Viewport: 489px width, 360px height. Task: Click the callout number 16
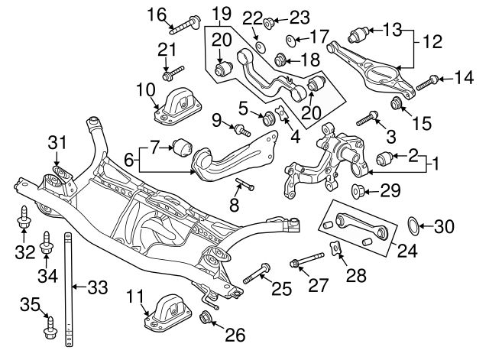[156, 14]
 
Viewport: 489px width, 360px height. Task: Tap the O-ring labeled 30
[413, 225]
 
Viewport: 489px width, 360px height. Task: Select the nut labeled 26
[206, 318]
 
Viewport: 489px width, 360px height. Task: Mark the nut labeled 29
[357, 190]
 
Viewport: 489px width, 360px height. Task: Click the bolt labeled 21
[170, 74]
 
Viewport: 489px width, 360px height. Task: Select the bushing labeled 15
[397, 103]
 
